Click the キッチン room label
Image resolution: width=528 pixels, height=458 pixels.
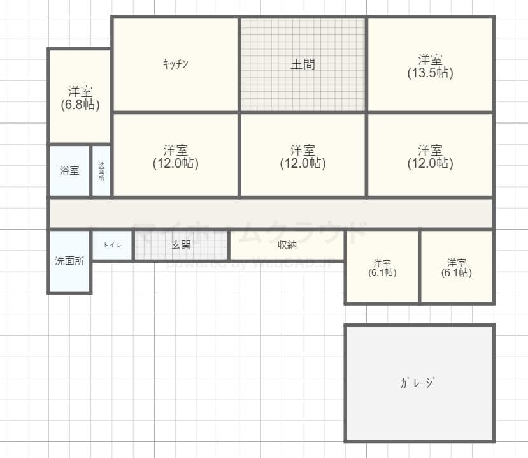(x=175, y=64)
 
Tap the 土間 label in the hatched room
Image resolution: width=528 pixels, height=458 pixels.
(x=303, y=64)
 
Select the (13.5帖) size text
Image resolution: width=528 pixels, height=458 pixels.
(x=430, y=73)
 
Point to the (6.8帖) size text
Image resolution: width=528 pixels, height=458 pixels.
(x=80, y=105)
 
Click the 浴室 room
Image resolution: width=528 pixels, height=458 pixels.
(x=69, y=170)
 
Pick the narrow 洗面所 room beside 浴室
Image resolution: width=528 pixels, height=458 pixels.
(x=101, y=170)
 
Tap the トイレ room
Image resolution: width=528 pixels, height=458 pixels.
(x=112, y=245)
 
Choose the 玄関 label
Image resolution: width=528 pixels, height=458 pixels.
(x=181, y=245)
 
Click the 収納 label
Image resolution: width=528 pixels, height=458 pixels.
(x=287, y=245)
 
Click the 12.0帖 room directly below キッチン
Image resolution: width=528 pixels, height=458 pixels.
(x=175, y=156)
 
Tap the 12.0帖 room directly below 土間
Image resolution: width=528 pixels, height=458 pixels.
(x=303, y=156)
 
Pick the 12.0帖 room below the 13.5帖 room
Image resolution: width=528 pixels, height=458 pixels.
(x=430, y=156)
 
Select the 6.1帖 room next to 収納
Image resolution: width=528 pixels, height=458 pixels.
(x=382, y=267)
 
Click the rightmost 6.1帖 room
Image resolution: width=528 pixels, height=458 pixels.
(x=456, y=267)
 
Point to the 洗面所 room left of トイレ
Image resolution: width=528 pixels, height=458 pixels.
(x=69, y=261)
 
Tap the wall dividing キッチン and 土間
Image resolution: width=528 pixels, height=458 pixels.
(x=239, y=64)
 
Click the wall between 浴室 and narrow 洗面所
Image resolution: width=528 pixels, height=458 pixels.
(x=90, y=170)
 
